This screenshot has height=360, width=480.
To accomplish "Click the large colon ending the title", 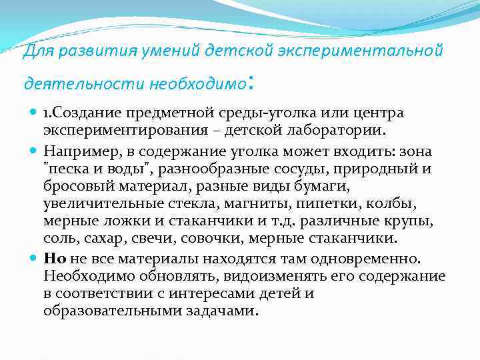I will pos(249,82).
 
